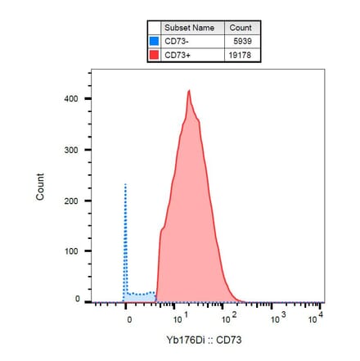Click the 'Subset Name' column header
(188, 28)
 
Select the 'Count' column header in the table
(241, 28)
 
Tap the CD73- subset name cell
(188, 41)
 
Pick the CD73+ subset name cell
(188, 55)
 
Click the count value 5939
(241, 41)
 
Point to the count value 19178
(241, 55)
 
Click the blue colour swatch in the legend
(154, 41)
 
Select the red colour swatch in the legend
(154, 55)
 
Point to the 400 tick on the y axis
(71, 100)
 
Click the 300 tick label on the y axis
(71, 151)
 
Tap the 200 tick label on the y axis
(71, 201)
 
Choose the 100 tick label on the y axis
(71, 251)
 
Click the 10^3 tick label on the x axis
(276, 318)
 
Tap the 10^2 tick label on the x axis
(229, 318)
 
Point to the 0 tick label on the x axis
(129, 318)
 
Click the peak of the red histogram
(188, 91)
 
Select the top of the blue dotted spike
(125, 184)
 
